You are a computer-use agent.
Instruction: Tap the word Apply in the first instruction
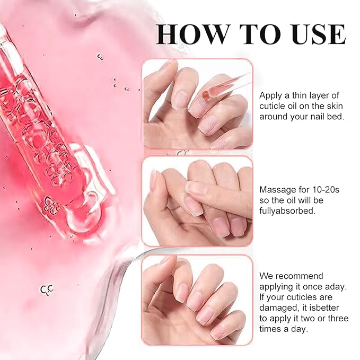[x=270, y=95]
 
